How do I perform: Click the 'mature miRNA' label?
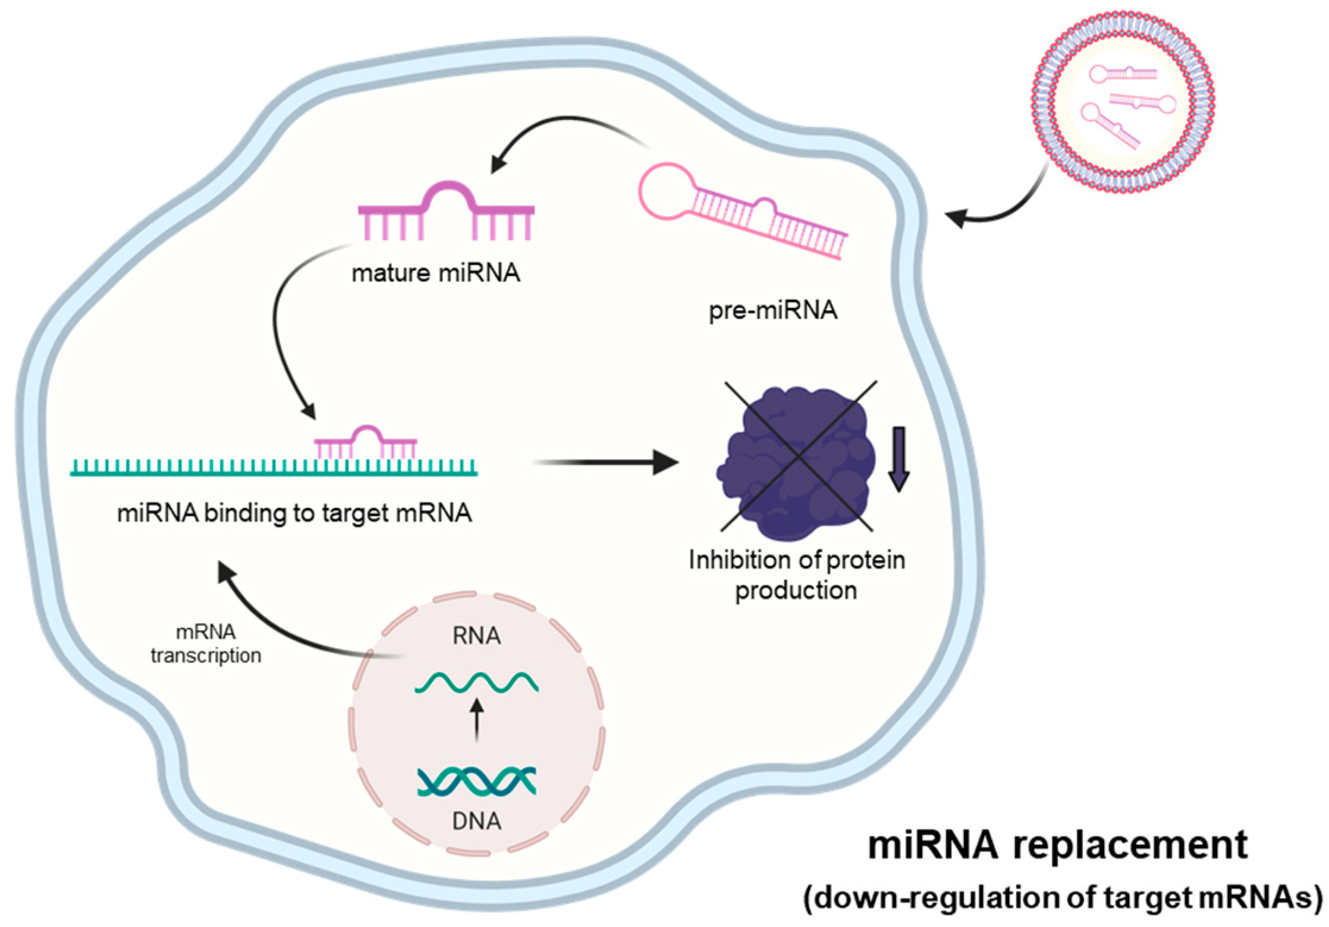point(436,273)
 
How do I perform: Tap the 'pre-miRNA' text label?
point(772,310)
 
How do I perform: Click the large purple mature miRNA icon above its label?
point(446,211)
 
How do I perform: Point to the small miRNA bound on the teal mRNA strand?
point(366,443)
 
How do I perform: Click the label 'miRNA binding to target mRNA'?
point(294,513)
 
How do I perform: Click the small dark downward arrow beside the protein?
point(898,458)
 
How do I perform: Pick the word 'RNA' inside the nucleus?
point(476,636)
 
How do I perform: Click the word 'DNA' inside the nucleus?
point(476,821)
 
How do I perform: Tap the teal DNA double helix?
point(476,781)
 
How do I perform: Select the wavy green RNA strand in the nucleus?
point(476,683)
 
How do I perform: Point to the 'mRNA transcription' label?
point(206,643)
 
